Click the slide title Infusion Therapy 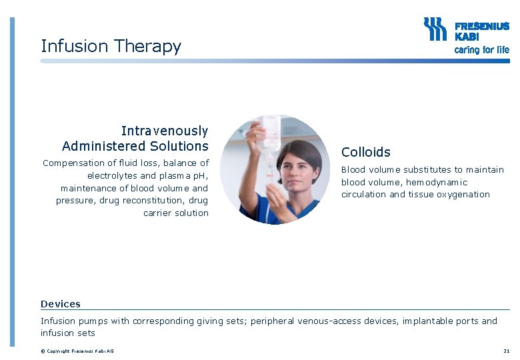111,46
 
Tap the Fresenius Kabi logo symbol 436,29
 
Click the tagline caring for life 481,50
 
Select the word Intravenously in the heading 164,131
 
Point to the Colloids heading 366,152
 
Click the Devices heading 61,304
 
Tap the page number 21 507,351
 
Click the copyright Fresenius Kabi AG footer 77,351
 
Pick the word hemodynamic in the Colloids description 437,182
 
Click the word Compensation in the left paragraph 73,163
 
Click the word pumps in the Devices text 95,321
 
